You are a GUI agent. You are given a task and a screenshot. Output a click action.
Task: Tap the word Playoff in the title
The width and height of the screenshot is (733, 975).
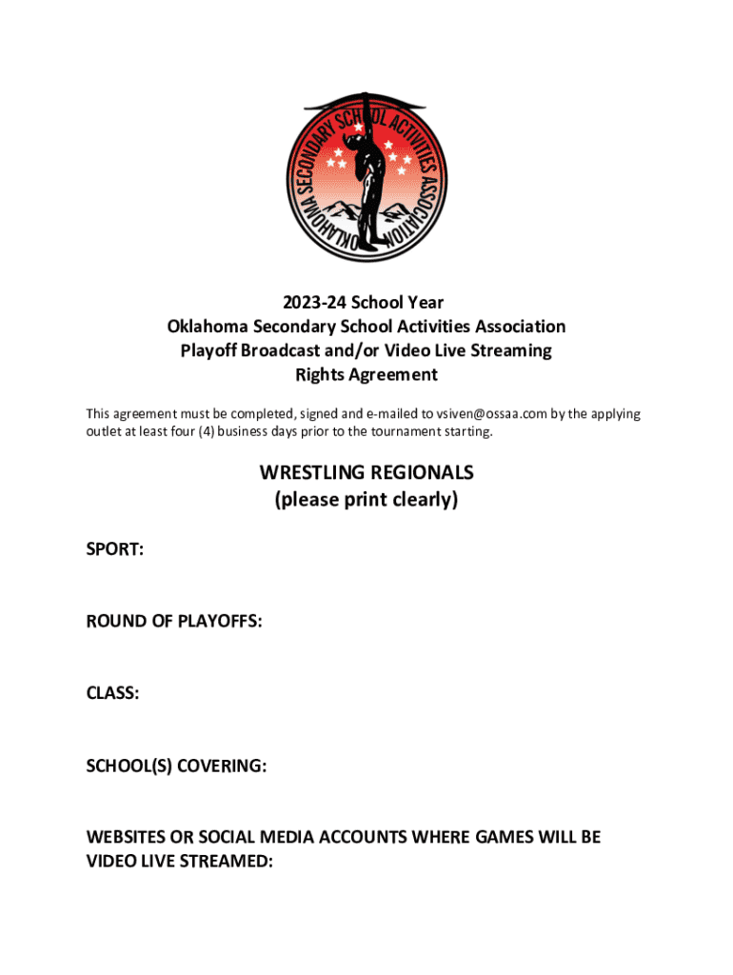(x=208, y=350)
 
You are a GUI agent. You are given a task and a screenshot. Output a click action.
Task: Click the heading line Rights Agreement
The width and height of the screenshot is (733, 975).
(x=366, y=374)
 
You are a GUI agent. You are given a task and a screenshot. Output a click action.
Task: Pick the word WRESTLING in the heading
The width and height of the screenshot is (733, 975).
(x=312, y=473)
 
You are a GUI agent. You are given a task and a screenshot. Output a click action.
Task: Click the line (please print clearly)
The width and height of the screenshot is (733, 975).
(x=366, y=499)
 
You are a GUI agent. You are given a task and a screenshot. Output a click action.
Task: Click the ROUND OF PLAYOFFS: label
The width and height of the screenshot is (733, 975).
(x=174, y=622)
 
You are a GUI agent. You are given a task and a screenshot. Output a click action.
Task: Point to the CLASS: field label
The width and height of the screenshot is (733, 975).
(x=113, y=694)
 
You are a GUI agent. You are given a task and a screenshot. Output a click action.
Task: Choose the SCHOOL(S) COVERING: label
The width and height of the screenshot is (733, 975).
(x=176, y=766)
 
